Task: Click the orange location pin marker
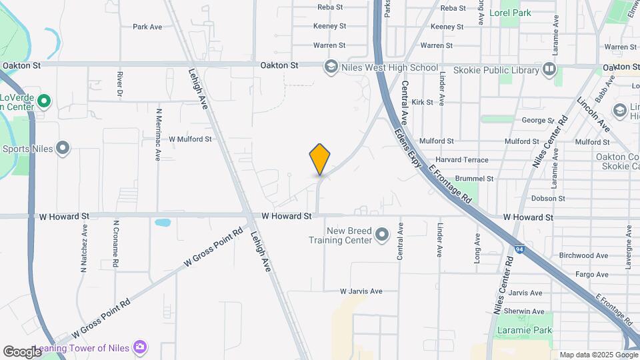(x=320, y=159)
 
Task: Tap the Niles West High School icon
(x=331, y=67)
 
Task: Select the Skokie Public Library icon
(x=549, y=69)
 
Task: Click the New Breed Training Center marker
(x=382, y=235)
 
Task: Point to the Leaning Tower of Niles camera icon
(x=140, y=347)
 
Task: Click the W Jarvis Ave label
(x=361, y=291)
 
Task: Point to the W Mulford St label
(x=190, y=139)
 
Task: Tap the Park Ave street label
(x=147, y=27)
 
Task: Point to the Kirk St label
(x=423, y=102)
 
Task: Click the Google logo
(x=23, y=351)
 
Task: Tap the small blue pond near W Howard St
(x=162, y=222)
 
